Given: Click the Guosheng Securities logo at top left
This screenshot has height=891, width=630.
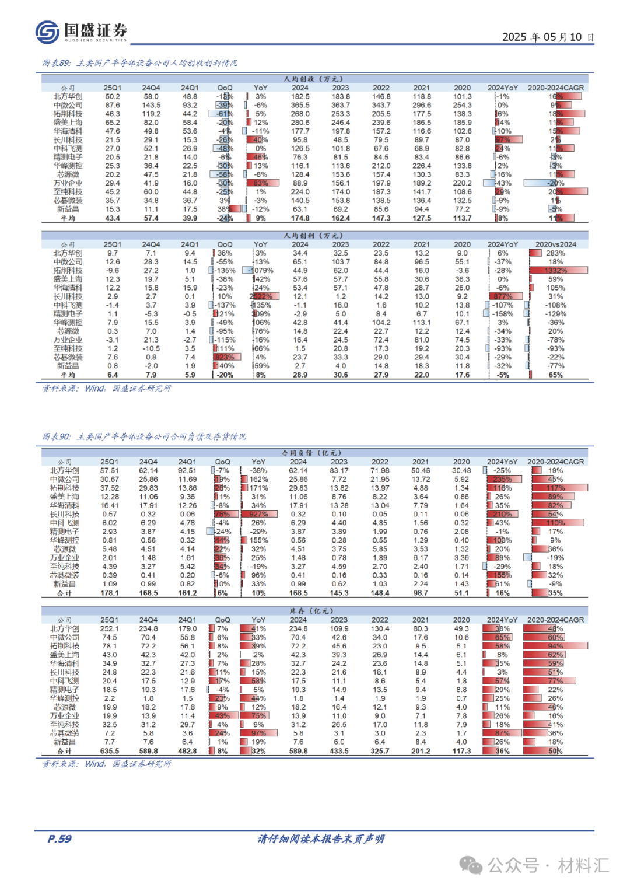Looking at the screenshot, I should point(81,32).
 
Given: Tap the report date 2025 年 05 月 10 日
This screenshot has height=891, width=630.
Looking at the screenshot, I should point(548,37).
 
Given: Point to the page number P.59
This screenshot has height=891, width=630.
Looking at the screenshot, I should point(59,838).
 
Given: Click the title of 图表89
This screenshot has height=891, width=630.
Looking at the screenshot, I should point(140,63).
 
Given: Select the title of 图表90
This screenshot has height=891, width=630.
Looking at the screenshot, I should point(144,436).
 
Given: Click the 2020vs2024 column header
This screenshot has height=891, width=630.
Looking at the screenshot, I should point(555,244).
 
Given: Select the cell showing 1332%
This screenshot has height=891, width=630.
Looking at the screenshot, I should point(555,271).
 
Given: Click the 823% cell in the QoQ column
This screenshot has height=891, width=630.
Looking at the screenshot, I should point(225,357).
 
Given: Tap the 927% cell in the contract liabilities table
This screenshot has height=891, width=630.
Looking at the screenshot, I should point(258,514).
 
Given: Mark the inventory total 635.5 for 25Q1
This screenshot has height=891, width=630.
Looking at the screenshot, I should point(109,751).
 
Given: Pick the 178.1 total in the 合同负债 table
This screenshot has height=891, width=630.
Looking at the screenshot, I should point(109,593).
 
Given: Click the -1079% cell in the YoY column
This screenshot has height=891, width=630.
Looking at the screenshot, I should point(260,271).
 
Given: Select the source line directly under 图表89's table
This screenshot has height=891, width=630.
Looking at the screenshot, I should point(107,389).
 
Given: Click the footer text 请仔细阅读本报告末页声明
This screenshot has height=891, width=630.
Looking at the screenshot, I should point(321,839).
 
